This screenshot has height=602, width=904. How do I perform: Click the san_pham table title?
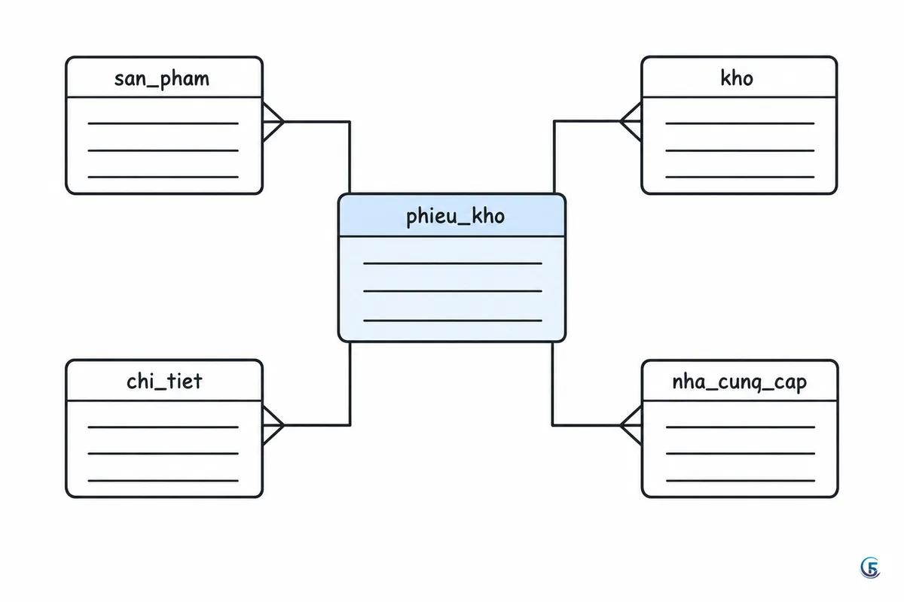pyautogui.click(x=162, y=79)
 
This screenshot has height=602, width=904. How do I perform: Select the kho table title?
pyautogui.click(x=737, y=78)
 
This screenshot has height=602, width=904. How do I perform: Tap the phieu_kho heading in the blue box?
pyautogui.click(x=455, y=217)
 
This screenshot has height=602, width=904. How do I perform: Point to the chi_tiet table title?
pyautogui.click(x=164, y=381)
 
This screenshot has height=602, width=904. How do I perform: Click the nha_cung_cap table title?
pyautogui.click(x=739, y=382)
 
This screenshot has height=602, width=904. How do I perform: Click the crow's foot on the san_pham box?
pyautogui.click(x=273, y=121)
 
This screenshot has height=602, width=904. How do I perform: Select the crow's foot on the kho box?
pyautogui.click(x=631, y=121)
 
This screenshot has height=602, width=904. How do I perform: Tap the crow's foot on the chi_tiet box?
pyautogui.click(x=273, y=425)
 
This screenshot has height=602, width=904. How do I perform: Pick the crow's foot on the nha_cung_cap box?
pyautogui.click(x=631, y=425)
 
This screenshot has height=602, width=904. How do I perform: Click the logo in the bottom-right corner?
pyautogui.click(x=870, y=567)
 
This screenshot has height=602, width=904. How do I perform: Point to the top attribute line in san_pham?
pyautogui.click(x=163, y=123)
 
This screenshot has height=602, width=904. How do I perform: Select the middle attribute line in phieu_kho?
pyautogui.click(x=453, y=290)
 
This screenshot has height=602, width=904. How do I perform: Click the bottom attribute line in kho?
pyautogui.click(x=740, y=177)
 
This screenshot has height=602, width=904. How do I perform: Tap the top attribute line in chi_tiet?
pyautogui.click(x=163, y=427)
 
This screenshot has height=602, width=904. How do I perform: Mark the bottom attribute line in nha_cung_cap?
pyautogui.click(x=741, y=480)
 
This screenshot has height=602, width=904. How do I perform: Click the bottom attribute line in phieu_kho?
pyautogui.click(x=453, y=321)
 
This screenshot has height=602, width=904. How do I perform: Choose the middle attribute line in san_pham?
pyautogui.click(x=163, y=150)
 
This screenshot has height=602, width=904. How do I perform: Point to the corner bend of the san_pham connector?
pyautogui.click(x=350, y=121)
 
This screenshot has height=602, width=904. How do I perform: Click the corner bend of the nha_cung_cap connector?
pyautogui.click(x=553, y=425)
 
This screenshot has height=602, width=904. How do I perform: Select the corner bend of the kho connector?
pyautogui.click(x=554, y=121)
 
